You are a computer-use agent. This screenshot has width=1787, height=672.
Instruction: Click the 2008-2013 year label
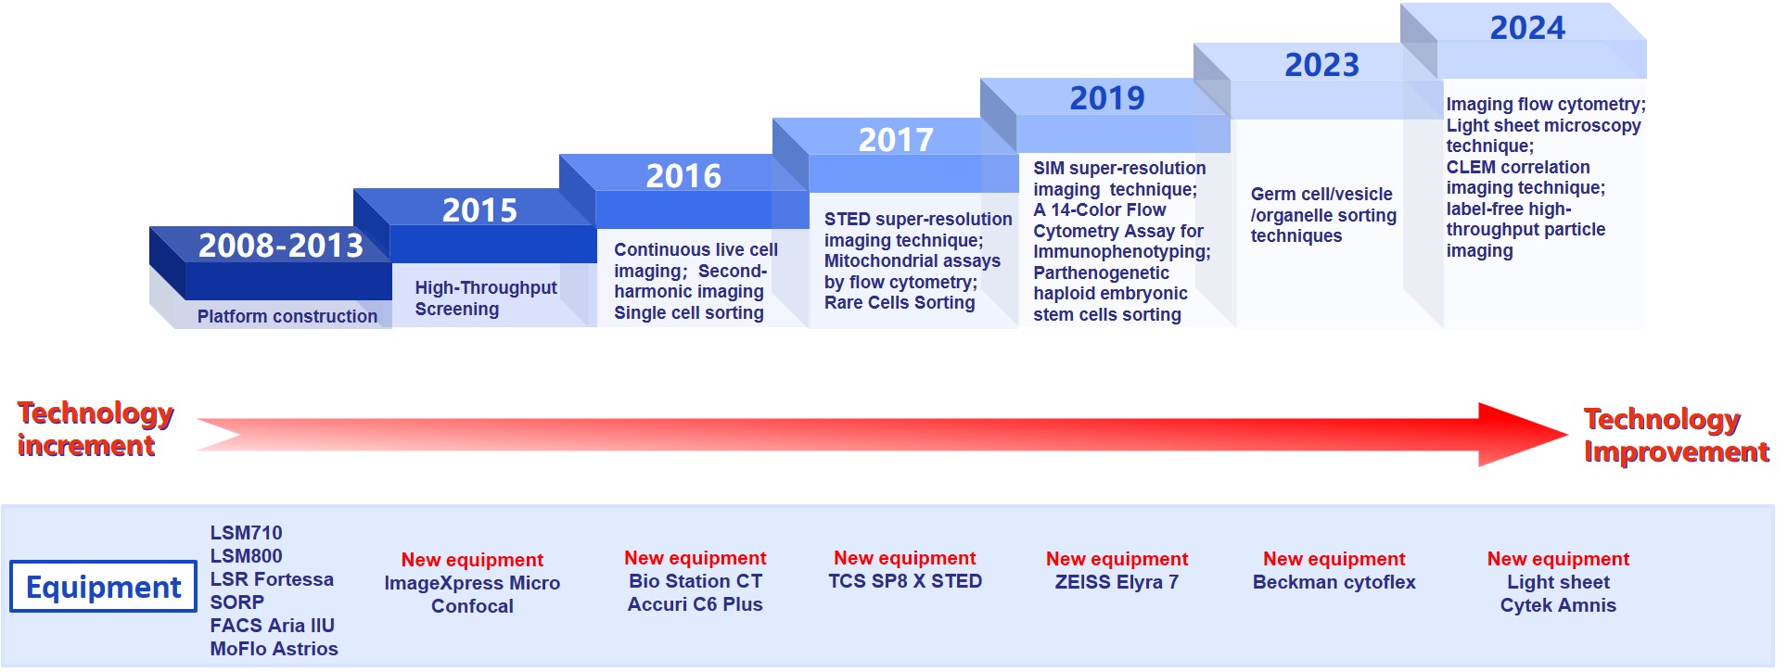pos(280,246)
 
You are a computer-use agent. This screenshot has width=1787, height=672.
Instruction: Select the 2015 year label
pos(479,210)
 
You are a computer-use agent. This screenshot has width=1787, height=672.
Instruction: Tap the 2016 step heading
pos(683,176)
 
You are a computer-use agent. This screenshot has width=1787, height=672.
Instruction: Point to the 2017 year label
pos(896,140)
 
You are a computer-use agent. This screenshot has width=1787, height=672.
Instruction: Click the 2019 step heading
pos(1107,98)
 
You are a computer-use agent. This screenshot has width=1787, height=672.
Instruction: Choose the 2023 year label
pos(1321,65)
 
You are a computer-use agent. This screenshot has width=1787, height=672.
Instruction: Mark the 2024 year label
pos(1527,28)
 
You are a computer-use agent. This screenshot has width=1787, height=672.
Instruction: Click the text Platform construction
pos(287,316)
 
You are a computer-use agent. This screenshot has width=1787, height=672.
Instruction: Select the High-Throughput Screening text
pos(486,298)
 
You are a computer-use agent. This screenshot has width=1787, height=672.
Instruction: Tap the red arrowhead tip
pos(1567,434)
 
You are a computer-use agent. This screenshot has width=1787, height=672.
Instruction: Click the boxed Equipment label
pos(103,587)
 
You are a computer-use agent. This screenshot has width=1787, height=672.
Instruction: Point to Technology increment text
pos(96,429)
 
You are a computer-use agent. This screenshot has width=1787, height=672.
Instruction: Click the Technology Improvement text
pos(1677,435)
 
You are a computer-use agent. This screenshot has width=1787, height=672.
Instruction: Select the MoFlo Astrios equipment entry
pos(274,649)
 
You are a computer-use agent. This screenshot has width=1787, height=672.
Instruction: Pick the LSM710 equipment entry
pos(246,533)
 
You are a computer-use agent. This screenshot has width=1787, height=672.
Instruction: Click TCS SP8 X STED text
pos(905,581)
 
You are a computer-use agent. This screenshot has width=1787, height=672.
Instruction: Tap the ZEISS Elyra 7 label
pos(1117,582)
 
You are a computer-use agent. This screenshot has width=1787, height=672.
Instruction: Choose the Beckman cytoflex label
pos(1334,582)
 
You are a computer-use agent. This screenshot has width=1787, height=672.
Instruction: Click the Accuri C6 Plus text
pos(695,604)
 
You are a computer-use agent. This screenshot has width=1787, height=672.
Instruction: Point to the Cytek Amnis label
pos(1558,605)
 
